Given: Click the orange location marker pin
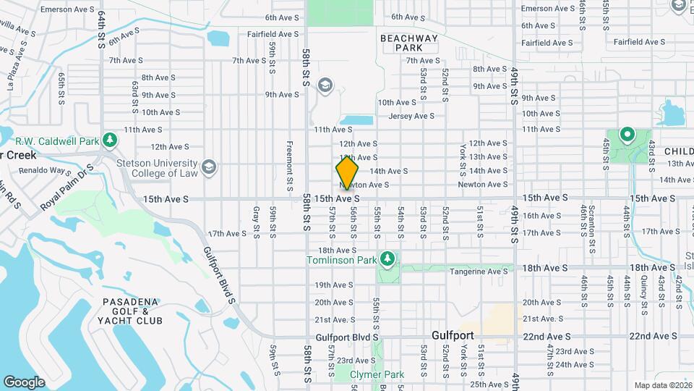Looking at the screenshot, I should pos(347,173).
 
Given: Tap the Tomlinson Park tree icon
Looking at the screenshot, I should pos(388,258).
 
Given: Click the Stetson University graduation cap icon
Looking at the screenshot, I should pos(209,167).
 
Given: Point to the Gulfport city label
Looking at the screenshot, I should pos(453,336).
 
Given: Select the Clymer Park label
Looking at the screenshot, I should pos(377,374).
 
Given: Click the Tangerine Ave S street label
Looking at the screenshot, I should pos(479,272).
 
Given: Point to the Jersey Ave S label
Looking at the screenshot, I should pos(411,116).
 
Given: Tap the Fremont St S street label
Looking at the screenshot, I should pos(289,161).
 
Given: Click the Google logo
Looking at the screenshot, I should pos(24,382).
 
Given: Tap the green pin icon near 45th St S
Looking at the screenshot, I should pos(627,134).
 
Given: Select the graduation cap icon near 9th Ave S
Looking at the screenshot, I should pos(324,86).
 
